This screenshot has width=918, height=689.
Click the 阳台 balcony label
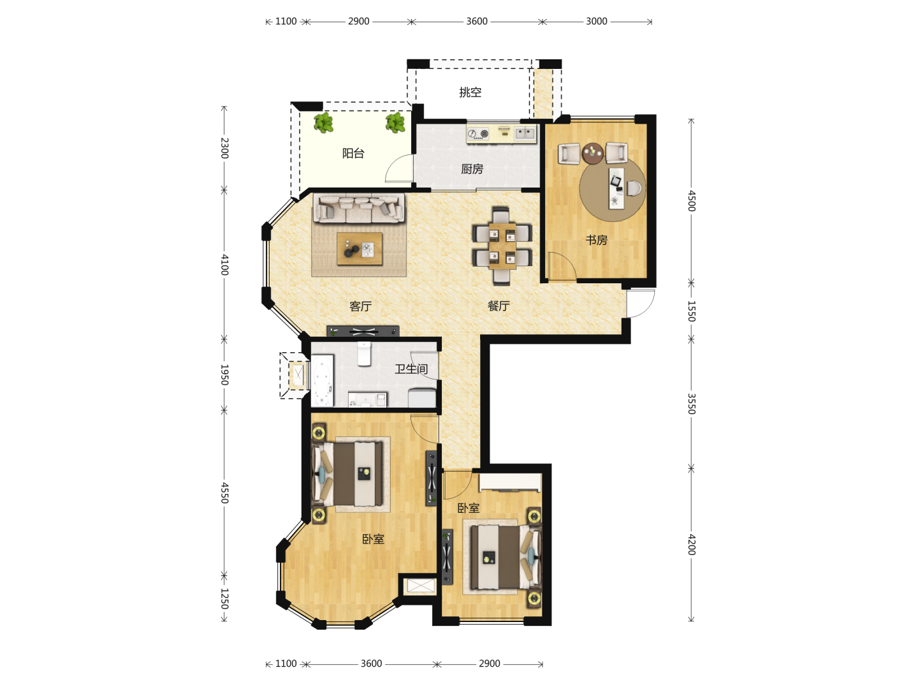point(353,153)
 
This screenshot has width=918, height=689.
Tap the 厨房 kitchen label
point(472,168)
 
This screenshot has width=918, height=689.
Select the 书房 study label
point(596,240)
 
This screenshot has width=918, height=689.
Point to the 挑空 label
point(470,92)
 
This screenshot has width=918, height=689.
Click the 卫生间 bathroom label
point(411,369)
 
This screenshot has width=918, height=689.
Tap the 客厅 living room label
point(360,306)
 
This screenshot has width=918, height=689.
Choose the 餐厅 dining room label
point(498,306)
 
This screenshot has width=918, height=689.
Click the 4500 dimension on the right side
point(691,201)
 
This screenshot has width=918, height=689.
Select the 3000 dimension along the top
point(597,21)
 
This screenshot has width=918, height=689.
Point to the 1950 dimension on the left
point(224,375)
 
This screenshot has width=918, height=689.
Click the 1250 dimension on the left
point(224,598)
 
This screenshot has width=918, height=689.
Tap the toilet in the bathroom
point(364,354)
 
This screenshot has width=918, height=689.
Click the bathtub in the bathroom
point(323,381)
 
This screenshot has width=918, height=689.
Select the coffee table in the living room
point(360,249)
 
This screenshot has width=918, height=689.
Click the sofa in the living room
point(359,207)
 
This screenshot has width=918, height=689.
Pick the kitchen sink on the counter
point(525,133)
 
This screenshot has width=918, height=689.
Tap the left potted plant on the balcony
point(323,122)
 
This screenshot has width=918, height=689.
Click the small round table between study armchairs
point(593,153)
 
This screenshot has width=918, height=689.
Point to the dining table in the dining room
point(502,246)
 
